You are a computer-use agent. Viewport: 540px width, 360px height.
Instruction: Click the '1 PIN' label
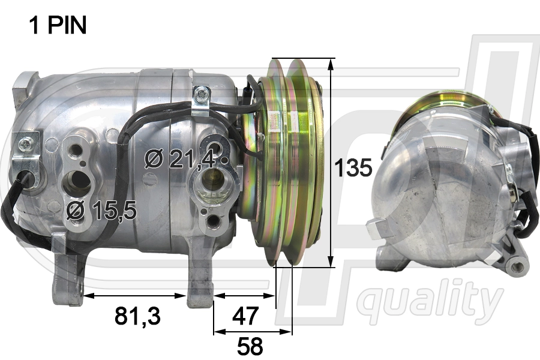click(58, 25)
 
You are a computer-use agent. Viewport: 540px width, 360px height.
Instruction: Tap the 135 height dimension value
click(353, 168)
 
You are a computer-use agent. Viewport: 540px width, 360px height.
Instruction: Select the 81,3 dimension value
click(137, 316)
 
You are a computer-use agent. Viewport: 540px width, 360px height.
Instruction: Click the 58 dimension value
click(250, 346)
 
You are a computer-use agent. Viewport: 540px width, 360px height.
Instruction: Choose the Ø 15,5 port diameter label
click(102, 209)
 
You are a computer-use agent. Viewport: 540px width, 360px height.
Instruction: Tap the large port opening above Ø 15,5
click(76, 182)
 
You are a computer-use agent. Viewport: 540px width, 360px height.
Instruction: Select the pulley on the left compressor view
click(288, 162)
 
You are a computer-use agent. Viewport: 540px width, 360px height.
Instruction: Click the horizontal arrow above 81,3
click(135, 295)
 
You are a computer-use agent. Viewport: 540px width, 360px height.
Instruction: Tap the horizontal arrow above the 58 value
click(253, 331)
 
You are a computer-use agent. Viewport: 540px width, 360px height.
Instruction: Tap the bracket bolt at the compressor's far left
click(25, 144)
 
